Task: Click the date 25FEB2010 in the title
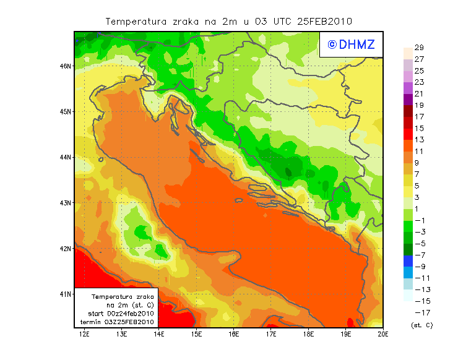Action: (x=325, y=21)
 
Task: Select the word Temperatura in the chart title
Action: (x=136, y=21)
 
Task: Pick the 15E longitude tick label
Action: (x=196, y=334)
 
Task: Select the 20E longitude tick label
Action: (x=383, y=334)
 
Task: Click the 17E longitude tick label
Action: (x=271, y=334)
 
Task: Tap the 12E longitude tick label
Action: (x=85, y=334)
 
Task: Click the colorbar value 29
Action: (x=419, y=48)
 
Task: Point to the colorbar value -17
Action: (x=418, y=312)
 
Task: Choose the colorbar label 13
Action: (x=419, y=140)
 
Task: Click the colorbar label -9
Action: (x=418, y=267)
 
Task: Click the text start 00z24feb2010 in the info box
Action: (x=121, y=314)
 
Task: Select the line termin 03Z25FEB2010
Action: (x=121, y=322)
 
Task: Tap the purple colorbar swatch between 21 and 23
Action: (x=407, y=88)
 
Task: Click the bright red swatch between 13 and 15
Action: (x=407, y=134)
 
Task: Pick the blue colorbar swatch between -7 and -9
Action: (x=407, y=261)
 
